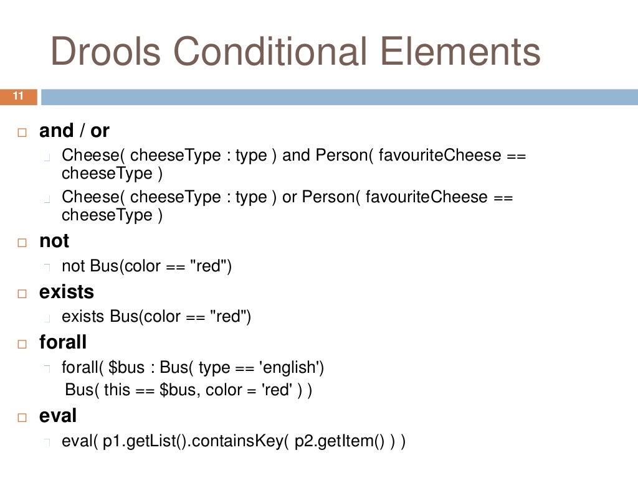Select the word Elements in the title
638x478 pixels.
pyautogui.click(x=461, y=52)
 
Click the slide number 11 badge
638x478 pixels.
pyautogui.click(x=18, y=96)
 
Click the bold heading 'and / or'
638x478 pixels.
pyautogui.click(x=74, y=131)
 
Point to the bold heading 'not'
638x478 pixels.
pyautogui.click(x=54, y=241)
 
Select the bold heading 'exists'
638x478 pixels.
pyautogui.click(x=67, y=292)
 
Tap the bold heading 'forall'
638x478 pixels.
pyautogui.click(x=63, y=342)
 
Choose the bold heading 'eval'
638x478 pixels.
pyautogui.click(x=58, y=416)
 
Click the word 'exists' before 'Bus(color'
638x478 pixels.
pyautogui.click(x=83, y=317)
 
